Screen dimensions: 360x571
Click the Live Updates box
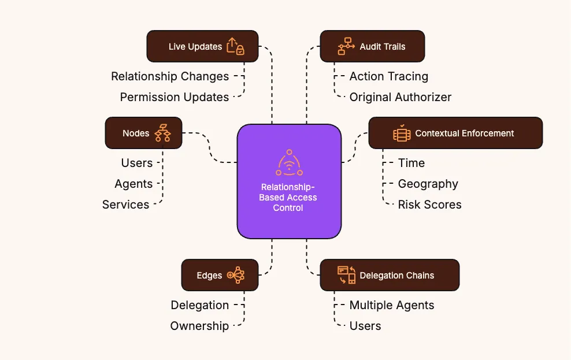tap(202, 46)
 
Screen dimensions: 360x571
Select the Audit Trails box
tap(372, 46)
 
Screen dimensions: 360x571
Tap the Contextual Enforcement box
tap(455, 133)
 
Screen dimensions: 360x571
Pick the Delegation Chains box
tap(390, 275)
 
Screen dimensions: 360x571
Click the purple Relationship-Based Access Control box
tap(289, 181)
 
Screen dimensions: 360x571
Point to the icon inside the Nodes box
tap(162, 133)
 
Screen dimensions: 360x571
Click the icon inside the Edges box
tap(236, 275)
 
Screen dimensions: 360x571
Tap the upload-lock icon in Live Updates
tap(235, 46)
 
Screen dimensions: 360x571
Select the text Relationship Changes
tap(170, 76)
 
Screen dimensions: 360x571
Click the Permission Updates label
tap(175, 97)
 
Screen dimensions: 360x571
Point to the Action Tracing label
tap(388, 76)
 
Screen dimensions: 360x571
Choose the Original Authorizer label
tap(400, 97)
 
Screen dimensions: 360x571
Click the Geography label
tap(428, 184)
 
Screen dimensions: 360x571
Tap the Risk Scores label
tap(429, 205)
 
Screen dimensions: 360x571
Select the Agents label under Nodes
tap(134, 184)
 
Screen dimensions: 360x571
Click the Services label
tap(125, 205)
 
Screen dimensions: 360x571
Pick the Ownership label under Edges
tap(199, 326)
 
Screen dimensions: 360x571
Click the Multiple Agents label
tap(391, 305)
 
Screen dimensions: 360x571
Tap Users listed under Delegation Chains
tap(365, 326)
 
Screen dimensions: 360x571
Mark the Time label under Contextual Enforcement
tap(411, 163)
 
